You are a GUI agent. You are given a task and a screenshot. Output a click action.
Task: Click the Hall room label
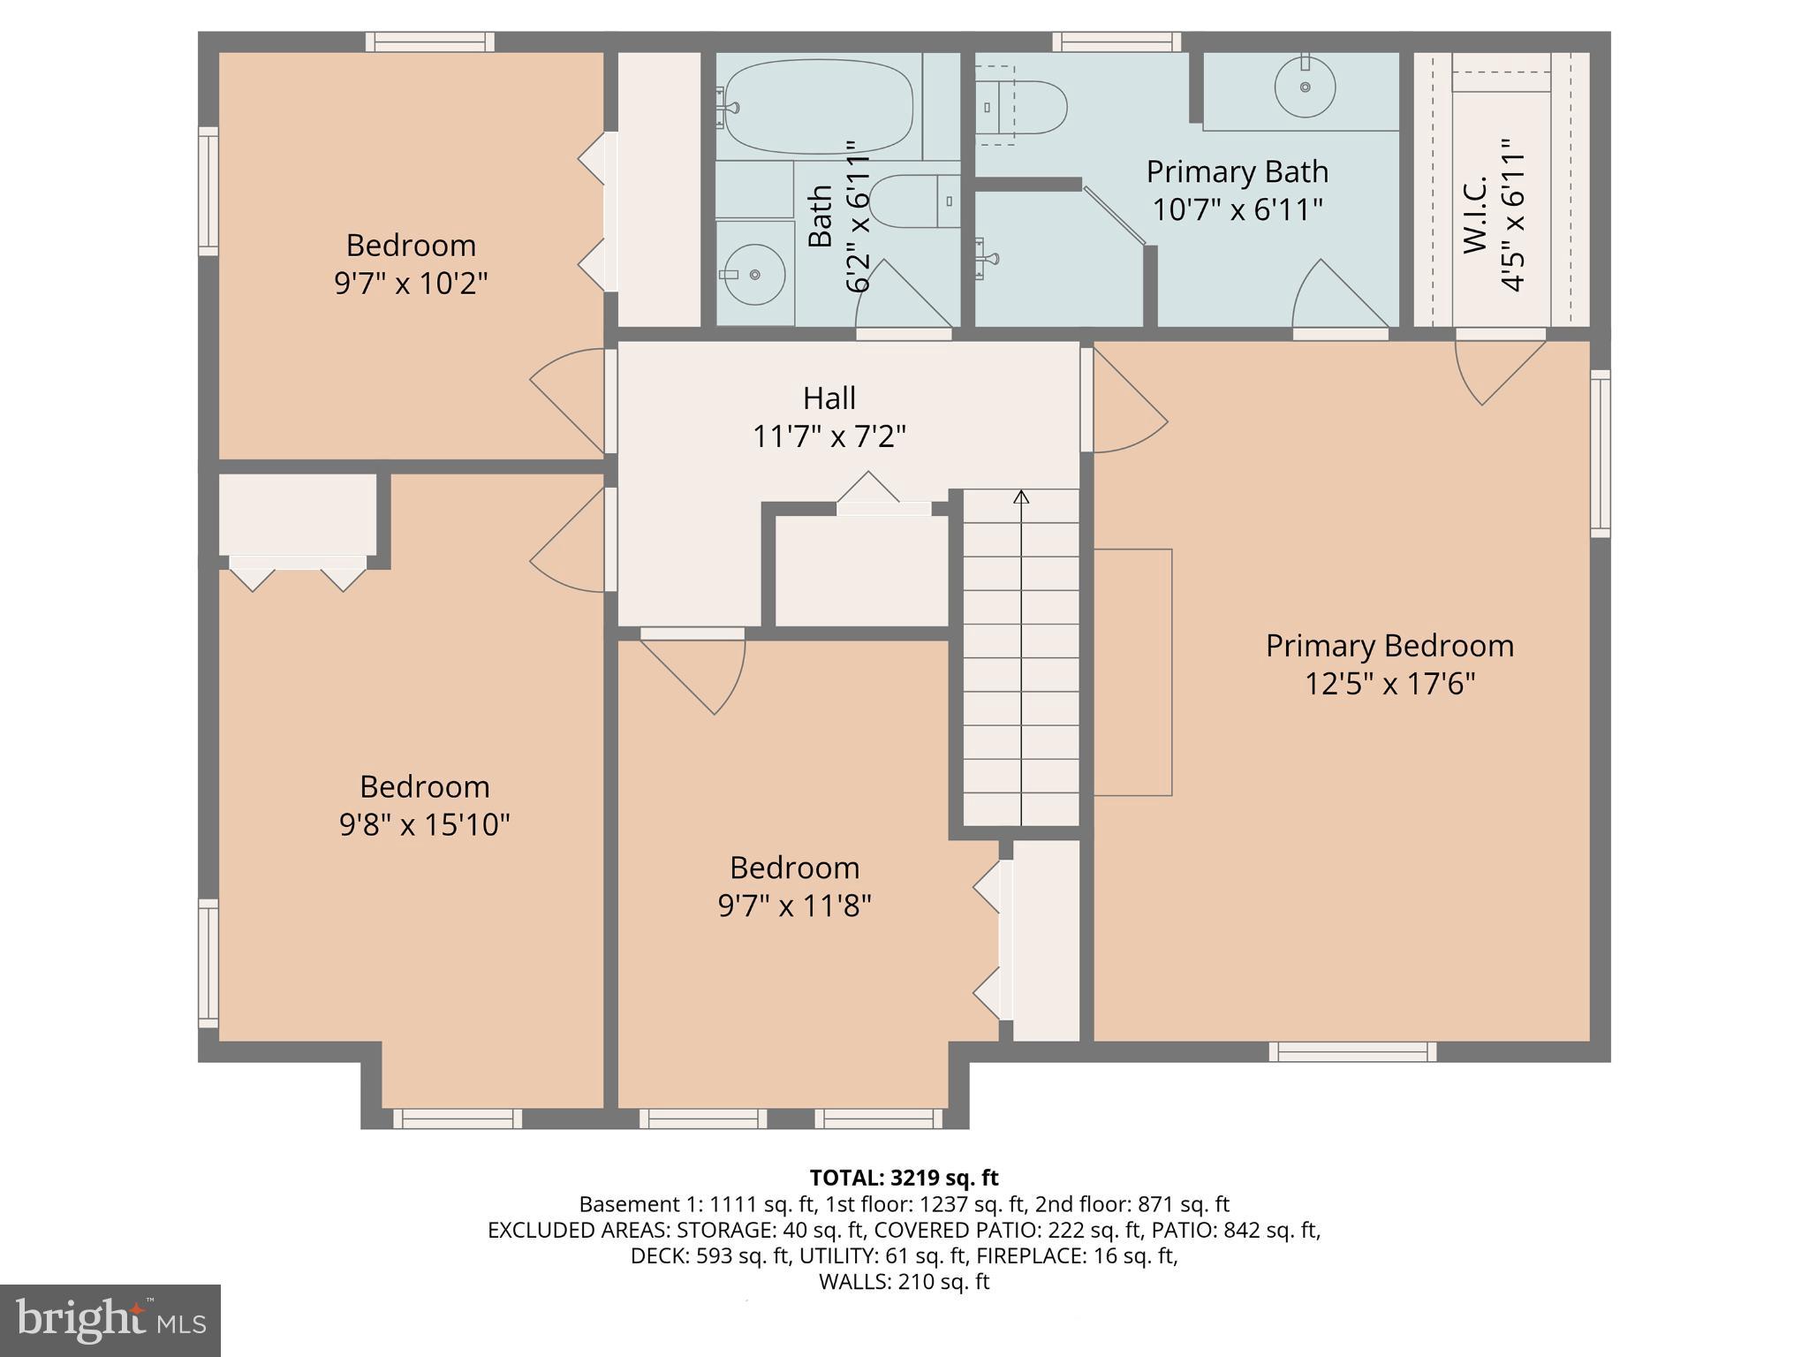click(x=829, y=398)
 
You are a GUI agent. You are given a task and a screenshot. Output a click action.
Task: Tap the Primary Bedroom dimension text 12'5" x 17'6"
click(x=1389, y=684)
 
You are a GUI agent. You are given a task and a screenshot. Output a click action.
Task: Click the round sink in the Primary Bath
click(x=1305, y=87)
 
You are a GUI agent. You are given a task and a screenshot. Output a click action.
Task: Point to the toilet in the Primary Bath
click(x=1025, y=108)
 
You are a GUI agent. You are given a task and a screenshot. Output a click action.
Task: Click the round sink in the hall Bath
click(x=753, y=275)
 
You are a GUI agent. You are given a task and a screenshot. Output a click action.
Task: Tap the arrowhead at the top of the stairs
click(x=1021, y=497)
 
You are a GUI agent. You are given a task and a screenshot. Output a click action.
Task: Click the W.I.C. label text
click(x=1475, y=215)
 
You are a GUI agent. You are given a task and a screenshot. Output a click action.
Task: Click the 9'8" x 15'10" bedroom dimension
click(x=424, y=825)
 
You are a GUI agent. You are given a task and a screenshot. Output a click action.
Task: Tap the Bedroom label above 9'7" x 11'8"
click(x=794, y=868)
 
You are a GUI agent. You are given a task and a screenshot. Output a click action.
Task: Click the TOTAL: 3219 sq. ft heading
click(x=904, y=1178)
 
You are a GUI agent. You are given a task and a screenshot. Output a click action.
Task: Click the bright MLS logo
click(x=110, y=1320)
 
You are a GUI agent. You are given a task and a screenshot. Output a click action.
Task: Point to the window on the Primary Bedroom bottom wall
click(x=1351, y=1051)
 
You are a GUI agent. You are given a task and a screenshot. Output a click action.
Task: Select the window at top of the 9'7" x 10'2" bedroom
click(x=429, y=42)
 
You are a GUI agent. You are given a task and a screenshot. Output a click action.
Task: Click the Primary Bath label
click(x=1237, y=171)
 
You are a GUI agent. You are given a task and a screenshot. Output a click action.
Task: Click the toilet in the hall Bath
click(x=910, y=201)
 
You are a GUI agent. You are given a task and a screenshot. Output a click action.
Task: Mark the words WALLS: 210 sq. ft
click(x=904, y=1281)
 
